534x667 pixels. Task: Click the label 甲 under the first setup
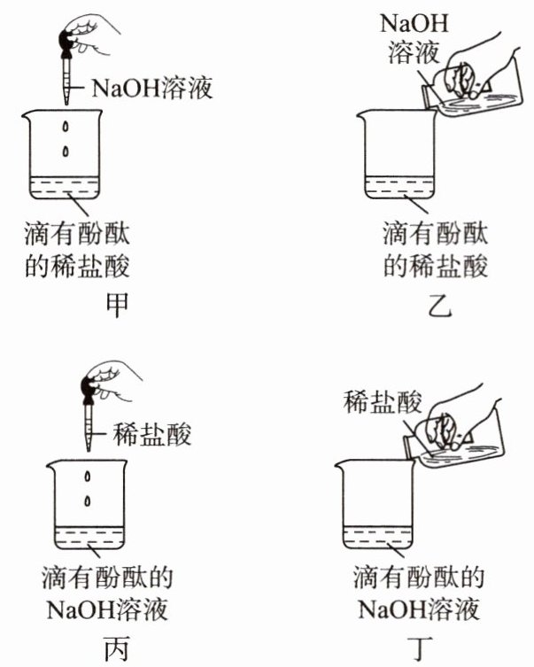(117, 305)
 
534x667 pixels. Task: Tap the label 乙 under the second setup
(439, 305)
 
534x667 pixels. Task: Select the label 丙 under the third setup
(116, 649)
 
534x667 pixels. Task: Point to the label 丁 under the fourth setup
(419, 649)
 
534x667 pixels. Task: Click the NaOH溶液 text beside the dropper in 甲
(151, 88)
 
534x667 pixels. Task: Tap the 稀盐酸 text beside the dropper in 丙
(152, 434)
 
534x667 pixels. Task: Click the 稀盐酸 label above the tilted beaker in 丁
(383, 402)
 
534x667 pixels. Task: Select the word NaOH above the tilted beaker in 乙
(414, 23)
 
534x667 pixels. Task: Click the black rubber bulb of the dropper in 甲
(66, 43)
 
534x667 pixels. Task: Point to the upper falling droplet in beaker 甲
(66, 127)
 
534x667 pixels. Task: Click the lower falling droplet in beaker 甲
(66, 151)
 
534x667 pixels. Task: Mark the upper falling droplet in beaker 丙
(88, 477)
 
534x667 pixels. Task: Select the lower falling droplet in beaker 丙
(88, 501)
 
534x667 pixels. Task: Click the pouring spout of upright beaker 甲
(27, 115)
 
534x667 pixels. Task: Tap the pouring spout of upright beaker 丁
(340, 464)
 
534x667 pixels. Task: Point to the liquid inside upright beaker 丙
(89, 538)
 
